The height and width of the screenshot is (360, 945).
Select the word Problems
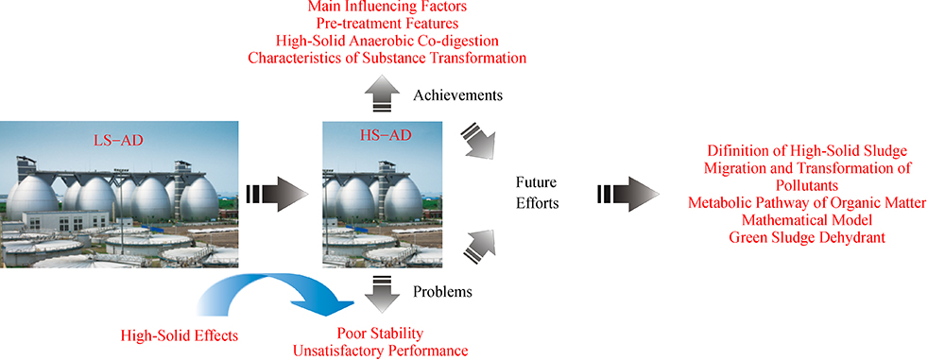(x=442, y=293)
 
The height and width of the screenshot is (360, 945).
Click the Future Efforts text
(x=537, y=193)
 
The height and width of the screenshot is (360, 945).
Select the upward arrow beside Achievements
(x=382, y=94)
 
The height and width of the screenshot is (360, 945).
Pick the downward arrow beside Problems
(x=382, y=293)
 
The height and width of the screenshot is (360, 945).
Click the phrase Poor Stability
(x=380, y=334)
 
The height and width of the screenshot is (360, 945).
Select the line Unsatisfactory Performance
(x=380, y=351)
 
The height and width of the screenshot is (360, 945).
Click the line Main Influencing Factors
(x=387, y=8)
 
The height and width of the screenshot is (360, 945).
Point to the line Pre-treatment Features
(x=387, y=25)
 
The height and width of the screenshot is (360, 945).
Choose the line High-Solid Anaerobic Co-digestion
(x=387, y=41)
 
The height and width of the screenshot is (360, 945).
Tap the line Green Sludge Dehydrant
(x=807, y=237)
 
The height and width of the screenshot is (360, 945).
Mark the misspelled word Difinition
(x=736, y=151)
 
